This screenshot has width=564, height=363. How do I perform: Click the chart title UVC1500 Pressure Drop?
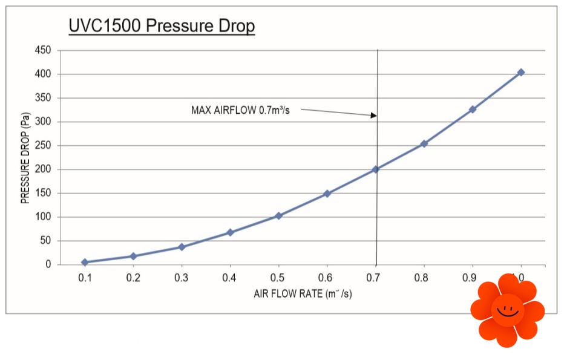coord(162,27)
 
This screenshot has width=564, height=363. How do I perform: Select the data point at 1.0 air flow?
coord(520,73)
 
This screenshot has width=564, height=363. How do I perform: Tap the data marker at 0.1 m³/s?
coord(85,262)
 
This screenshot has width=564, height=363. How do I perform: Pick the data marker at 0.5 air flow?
coord(278,215)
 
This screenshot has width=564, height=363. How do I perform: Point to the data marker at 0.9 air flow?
coord(473,110)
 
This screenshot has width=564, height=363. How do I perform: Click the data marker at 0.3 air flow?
coord(182,247)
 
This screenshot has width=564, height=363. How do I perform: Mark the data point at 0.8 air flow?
coord(424,143)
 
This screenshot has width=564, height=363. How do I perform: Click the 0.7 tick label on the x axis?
coord(376,278)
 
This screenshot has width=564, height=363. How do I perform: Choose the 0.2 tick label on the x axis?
coord(133,278)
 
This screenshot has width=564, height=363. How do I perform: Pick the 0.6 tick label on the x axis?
coord(327,278)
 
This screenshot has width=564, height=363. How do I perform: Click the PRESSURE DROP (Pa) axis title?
coord(26,160)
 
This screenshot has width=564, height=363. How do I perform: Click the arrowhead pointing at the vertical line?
coord(373,115)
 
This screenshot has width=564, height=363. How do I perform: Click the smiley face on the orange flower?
coord(507,310)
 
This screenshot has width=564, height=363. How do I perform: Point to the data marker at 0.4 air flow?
coord(230,232)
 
